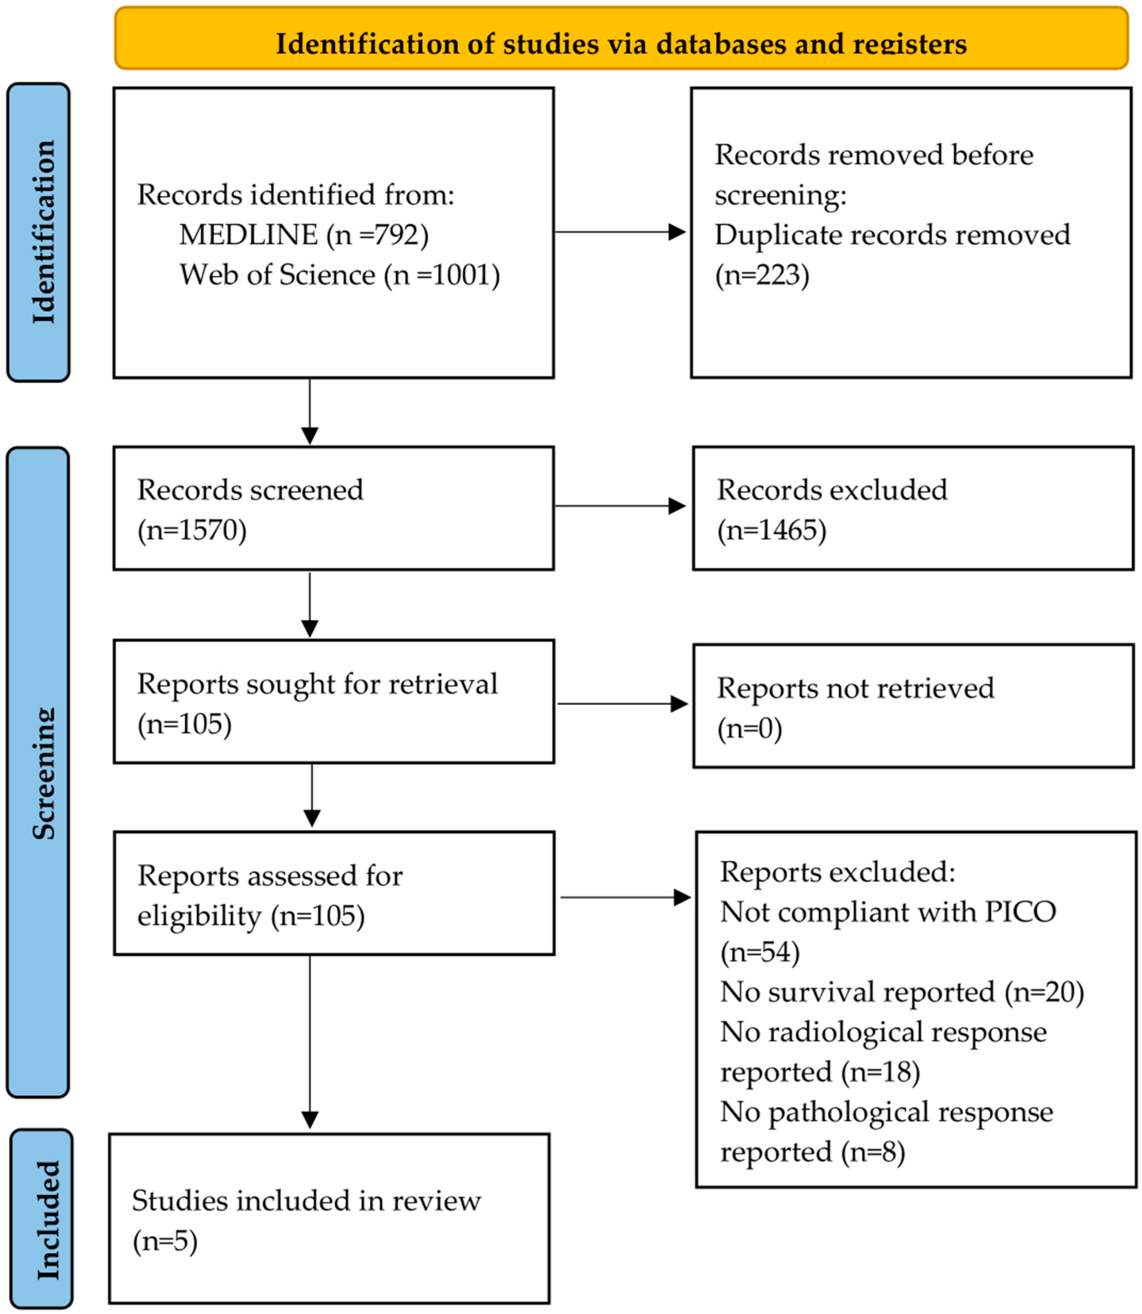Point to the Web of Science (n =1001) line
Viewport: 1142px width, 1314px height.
pyautogui.click(x=340, y=275)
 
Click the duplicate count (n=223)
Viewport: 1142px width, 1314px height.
pyautogui.click(x=762, y=275)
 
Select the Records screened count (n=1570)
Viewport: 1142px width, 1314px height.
pyautogui.click(x=192, y=530)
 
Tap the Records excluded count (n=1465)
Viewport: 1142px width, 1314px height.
pyautogui.click(x=772, y=530)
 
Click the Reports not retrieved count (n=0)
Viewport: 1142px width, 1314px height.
pyautogui.click(x=749, y=729)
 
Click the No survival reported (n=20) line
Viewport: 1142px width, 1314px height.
pyautogui.click(x=902, y=992)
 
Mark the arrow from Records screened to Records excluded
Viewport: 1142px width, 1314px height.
pyautogui.click(x=620, y=506)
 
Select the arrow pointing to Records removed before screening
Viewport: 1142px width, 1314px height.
pyautogui.click(x=620, y=232)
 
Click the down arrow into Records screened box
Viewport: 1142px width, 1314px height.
pyautogui.click(x=310, y=412)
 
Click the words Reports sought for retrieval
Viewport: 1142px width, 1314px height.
pyautogui.click(x=317, y=684)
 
